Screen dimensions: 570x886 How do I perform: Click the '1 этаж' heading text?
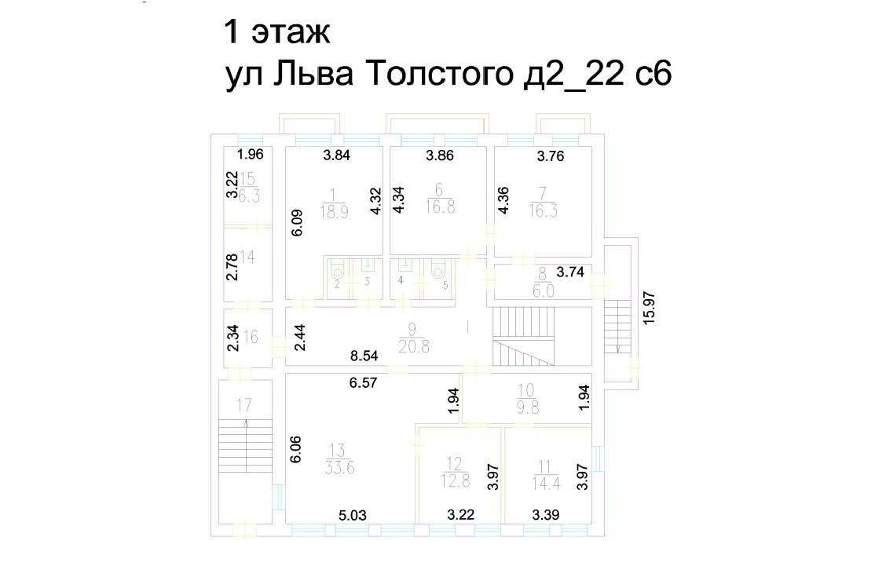pyautogui.click(x=278, y=33)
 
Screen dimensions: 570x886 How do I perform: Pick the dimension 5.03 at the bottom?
pyautogui.click(x=352, y=516)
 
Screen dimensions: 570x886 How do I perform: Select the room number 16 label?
pyautogui.click(x=251, y=338)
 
